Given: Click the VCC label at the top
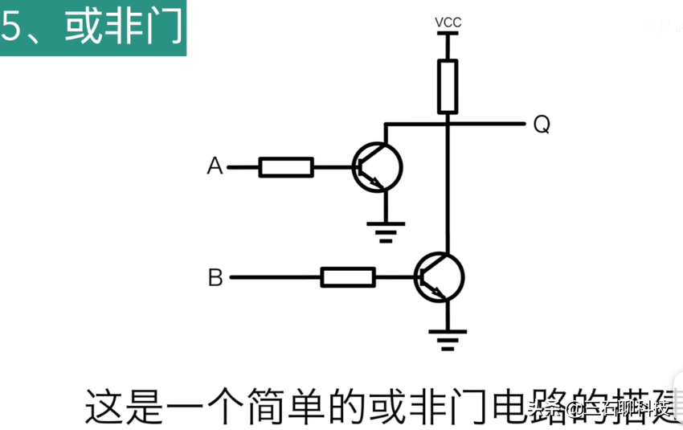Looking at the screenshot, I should coord(448,22).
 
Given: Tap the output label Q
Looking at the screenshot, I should coord(542,125).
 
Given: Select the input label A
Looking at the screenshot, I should coord(215,166).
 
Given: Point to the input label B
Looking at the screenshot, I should coord(215,278).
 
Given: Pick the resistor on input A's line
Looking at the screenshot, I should coord(285,167).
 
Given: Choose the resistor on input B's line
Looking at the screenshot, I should coord(347,277).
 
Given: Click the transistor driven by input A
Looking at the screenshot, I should coord(377,167).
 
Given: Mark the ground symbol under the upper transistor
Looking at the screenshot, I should coord(386,231).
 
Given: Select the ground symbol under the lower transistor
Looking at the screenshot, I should coord(448,341).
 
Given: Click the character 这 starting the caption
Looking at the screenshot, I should coord(103,407).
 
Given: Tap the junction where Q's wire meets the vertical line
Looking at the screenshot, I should coord(448,124).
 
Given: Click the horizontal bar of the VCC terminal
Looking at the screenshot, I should coord(448,33).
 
